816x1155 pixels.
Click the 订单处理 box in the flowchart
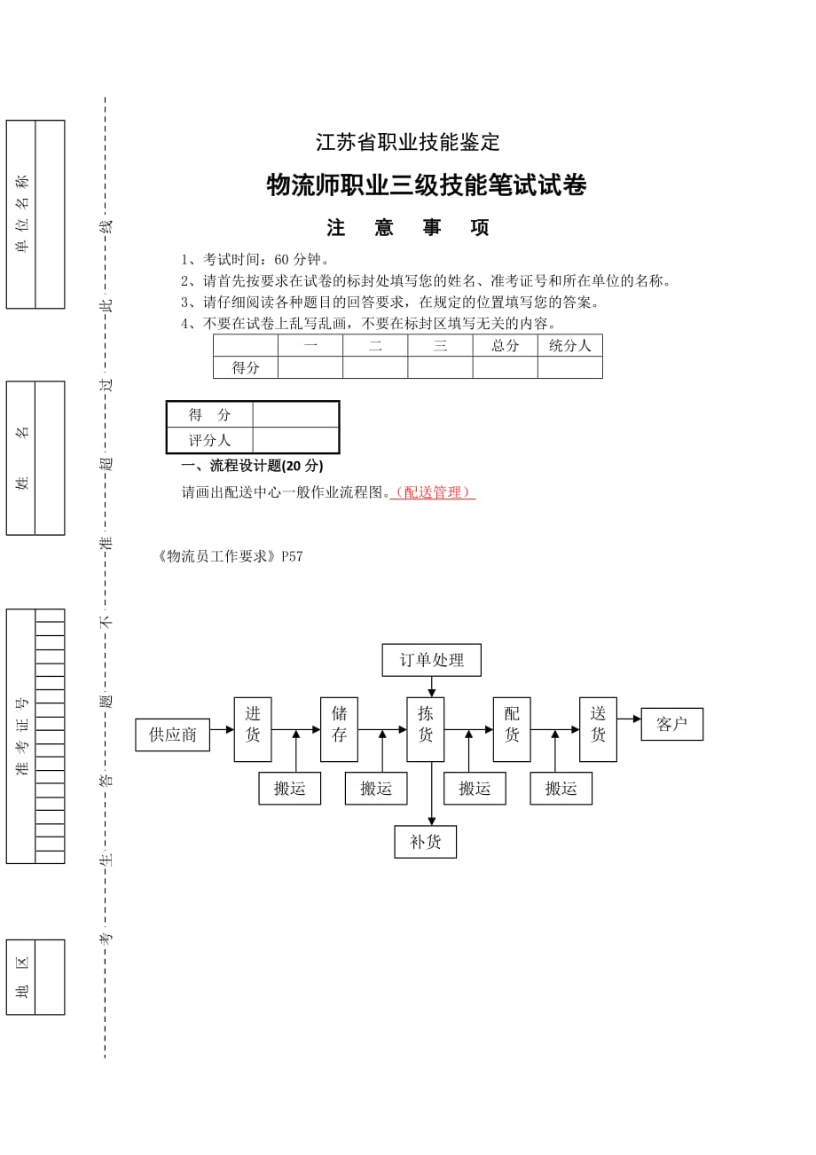point(431,660)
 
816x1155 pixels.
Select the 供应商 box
point(172,735)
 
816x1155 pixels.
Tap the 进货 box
point(253,729)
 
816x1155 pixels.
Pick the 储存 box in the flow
point(339,729)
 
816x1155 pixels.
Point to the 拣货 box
point(426,729)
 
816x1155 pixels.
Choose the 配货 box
point(512,729)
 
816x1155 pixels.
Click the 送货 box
point(598,729)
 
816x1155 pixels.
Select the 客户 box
point(671,724)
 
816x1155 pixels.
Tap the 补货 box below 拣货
point(426,842)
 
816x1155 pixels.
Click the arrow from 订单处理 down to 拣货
point(432,687)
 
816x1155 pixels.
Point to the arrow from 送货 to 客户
point(629,719)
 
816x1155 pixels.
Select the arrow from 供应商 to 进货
point(222,730)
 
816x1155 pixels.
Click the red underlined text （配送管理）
point(433,492)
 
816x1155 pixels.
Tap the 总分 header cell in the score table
point(505,346)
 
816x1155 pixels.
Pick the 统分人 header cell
point(569,346)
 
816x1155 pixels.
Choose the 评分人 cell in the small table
point(210,440)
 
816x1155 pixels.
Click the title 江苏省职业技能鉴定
point(408,142)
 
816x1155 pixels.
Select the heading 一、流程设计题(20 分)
point(252,466)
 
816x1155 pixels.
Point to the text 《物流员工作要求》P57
point(230,556)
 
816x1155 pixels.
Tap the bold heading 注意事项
point(408,228)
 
